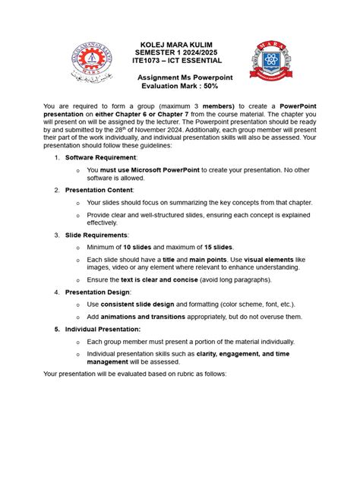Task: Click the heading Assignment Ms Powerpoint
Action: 184,78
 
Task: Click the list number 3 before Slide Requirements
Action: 57,235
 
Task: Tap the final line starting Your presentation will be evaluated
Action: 134,374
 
